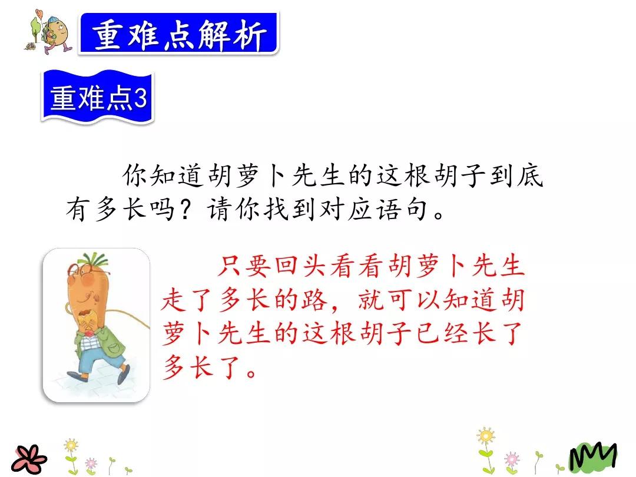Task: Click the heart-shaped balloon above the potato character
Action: [39, 13]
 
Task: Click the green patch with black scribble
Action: [592, 457]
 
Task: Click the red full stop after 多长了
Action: [251, 373]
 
